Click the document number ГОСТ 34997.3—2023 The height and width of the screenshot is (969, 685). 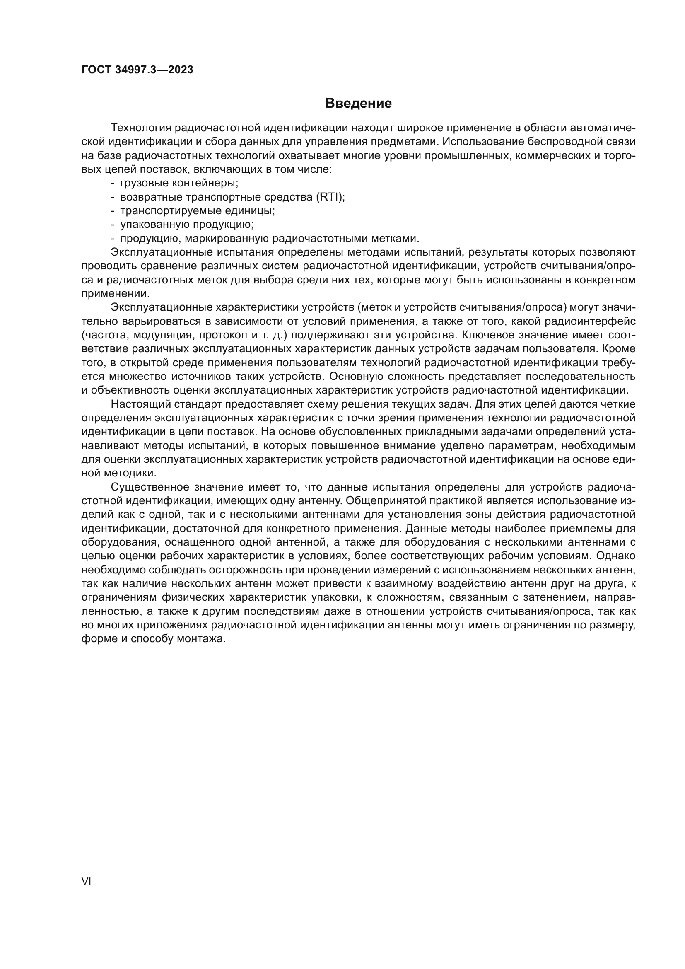[137, 70]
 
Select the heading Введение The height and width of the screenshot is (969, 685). [359, 104]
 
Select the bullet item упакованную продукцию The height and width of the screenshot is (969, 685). [187, 225]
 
